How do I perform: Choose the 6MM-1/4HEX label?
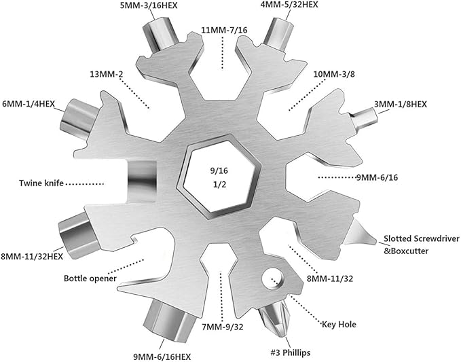(33, 105)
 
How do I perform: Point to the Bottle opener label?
(91, 278)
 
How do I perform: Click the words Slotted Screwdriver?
(421, 238)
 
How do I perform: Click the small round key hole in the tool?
(274, 278)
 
